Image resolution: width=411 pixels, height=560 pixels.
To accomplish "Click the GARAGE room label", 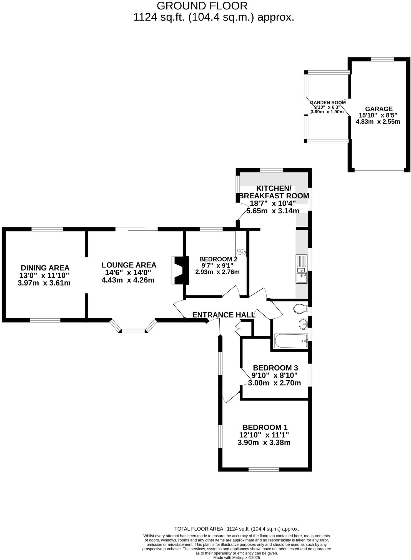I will pyautogui.click(x=379, y=109).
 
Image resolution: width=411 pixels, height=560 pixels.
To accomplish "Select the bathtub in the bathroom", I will pyautogui.click(x=291, y=341).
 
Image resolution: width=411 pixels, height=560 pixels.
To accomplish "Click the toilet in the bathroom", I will pyautogui.click(x=300, y=308).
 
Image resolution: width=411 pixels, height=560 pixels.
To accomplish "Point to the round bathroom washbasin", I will pyautogui.click(x=303, y=323).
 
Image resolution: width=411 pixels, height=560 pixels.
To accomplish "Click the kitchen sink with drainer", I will pyautogui.click(x=301, y=269).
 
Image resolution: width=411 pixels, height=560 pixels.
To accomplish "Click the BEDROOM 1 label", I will pyautogui.click(x=265, y=427).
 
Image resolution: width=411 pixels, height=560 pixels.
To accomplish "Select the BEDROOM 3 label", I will pyautogui.click(x=275, y=368).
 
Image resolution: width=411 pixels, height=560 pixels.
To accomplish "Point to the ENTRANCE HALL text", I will pyautogui.click(x=224, y=315).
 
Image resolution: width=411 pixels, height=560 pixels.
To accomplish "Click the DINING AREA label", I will pyautogui.click(x=45, y=268).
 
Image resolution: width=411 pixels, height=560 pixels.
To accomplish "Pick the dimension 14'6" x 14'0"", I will pyautogui.click(x=128, y=272).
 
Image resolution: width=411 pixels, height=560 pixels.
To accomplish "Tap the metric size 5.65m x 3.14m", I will pyautogui.click(x=273, y=211).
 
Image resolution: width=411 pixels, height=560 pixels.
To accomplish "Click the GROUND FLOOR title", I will pyautogui.click(x=202, y=6).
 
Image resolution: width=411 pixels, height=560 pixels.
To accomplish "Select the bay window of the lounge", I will pyautogui.click(x=134, y=330).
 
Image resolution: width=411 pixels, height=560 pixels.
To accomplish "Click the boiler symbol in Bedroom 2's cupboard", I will pyautogui.click(x=240, y=252).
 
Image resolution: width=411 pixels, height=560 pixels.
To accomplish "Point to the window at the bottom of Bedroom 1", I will pyautogui.click(x=264, y=469).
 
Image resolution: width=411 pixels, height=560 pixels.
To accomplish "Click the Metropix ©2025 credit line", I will pyautogui.click(x=236, y=557).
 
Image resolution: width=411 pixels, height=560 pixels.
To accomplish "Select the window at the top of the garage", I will pyautogui.click(x=382, y=59).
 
